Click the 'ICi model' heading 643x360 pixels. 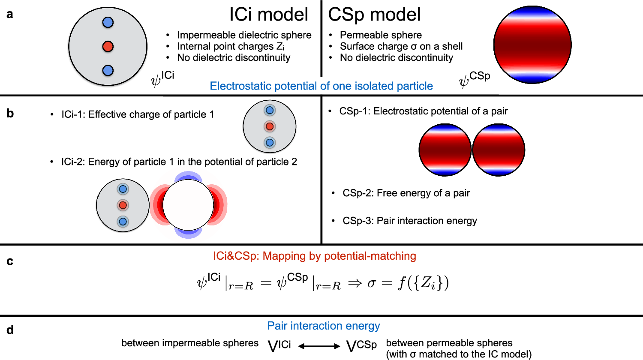[x=268, y=15]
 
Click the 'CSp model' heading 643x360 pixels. [x=374, y=15]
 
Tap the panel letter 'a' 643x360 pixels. [x=10, y=14]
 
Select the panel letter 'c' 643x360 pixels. [x=10, y=261]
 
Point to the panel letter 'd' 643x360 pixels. [x=10, y=330]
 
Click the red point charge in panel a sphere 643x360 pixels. [x=108, y=46]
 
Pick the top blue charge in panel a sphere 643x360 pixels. [x=108, y=22]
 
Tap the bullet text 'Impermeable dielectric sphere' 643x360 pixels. [x=244, y=35]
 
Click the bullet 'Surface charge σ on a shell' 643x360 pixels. [x=401, y=46]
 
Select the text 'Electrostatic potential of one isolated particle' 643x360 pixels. [x=321, y=86]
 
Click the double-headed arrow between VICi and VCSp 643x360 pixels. [x=319, y=346]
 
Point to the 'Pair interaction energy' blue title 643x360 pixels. [x=324, y=326]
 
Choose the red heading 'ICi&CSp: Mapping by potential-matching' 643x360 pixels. [x=315, y=256]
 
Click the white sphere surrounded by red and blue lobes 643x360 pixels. [x=188, y=205]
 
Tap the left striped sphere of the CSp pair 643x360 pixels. [x=445, y=150]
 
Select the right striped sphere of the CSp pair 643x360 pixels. [x=499, y=150]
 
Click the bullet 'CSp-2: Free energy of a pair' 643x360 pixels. [x=406, y=193]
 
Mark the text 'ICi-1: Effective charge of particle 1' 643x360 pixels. [x=138, y=114]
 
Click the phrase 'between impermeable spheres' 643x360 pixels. [x=190, y=343]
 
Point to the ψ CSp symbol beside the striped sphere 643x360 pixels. [x=474, y=79]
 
